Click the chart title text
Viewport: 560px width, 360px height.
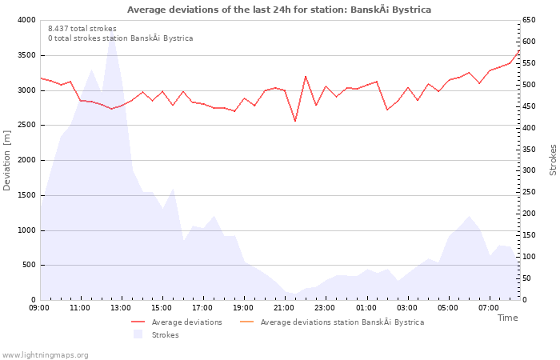click(x=279, y=10)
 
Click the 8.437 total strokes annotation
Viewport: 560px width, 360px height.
click(x=82, y=29)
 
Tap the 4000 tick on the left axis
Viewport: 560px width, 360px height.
click(x=26, y=20)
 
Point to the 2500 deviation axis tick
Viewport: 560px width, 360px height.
click(x=26, y=126)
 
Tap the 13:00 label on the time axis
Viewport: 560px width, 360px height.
click(x=121, y=307)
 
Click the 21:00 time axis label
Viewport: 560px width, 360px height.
click(x=284, y=307)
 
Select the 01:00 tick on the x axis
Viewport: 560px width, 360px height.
click(x=366, y=307)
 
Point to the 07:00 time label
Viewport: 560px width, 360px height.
click(x=489, y=307)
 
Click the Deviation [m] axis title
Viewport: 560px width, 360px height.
click(x=7, y=160)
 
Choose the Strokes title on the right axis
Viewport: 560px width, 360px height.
click(x=553, y=160)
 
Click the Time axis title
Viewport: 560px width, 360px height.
click(x=507, y=318)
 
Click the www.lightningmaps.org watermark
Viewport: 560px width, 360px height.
click(x=46, y=355)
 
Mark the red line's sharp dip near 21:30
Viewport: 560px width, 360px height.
click(x=295, y=122)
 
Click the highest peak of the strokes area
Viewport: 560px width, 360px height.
click(x=112, y=36)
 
